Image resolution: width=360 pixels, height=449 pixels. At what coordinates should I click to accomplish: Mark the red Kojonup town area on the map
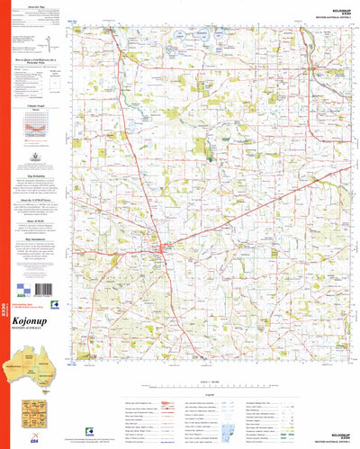coord(162,248)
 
